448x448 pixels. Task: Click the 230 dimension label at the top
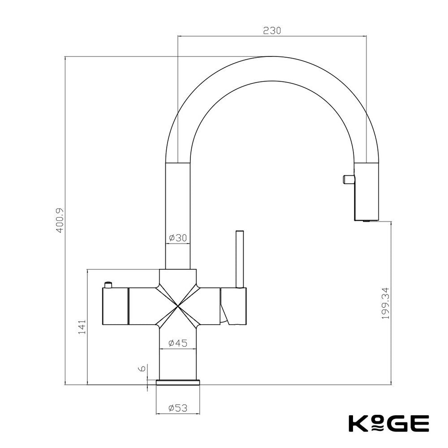pos(272,30)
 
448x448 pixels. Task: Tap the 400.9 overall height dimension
pos(60,220)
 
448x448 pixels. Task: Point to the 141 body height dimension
pos(82,327)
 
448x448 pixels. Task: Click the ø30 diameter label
pos(178,237)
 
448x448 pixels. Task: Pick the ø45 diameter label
pos(178,343)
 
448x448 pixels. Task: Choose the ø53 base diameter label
pos(178,408)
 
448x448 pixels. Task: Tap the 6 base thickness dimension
pos(142,368)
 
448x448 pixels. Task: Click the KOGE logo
pos(389,423)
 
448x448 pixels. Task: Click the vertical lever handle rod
pos(239,259)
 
